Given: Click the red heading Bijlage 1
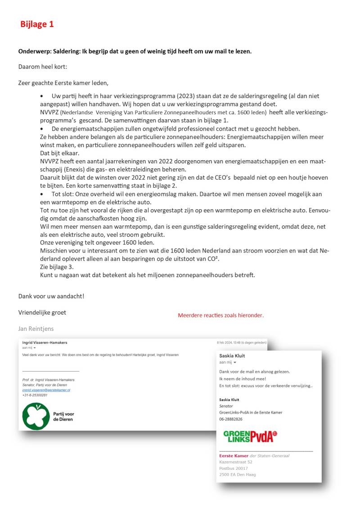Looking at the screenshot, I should [37, 24].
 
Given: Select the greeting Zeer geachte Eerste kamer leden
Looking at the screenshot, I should [63, 82].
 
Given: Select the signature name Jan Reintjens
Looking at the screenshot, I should [36, 329].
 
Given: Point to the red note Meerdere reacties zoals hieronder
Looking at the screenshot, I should [220, 315].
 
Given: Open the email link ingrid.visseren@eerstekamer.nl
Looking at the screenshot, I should [46, 390].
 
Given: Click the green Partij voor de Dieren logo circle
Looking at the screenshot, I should [36, 416].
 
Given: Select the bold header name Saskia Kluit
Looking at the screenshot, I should [232, 356].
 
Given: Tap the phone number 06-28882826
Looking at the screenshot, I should [230, 419].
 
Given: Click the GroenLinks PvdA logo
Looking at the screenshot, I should [250, 436].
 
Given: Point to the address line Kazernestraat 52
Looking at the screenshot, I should [236, 462].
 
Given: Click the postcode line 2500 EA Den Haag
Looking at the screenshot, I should [238, 474].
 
